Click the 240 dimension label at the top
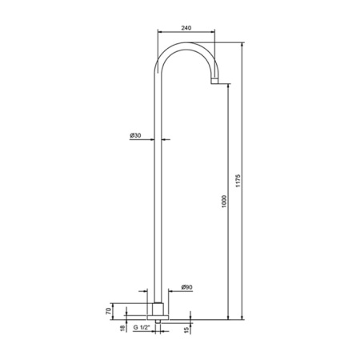[186, 28]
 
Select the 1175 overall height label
[238, 181]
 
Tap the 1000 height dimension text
[224, 202]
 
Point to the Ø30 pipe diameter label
[135, 135]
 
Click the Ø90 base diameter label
[186, 287]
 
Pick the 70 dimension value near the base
[108, 311]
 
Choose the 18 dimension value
[122, 328]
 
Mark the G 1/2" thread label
[142, 327]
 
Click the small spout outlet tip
[214, 81]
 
